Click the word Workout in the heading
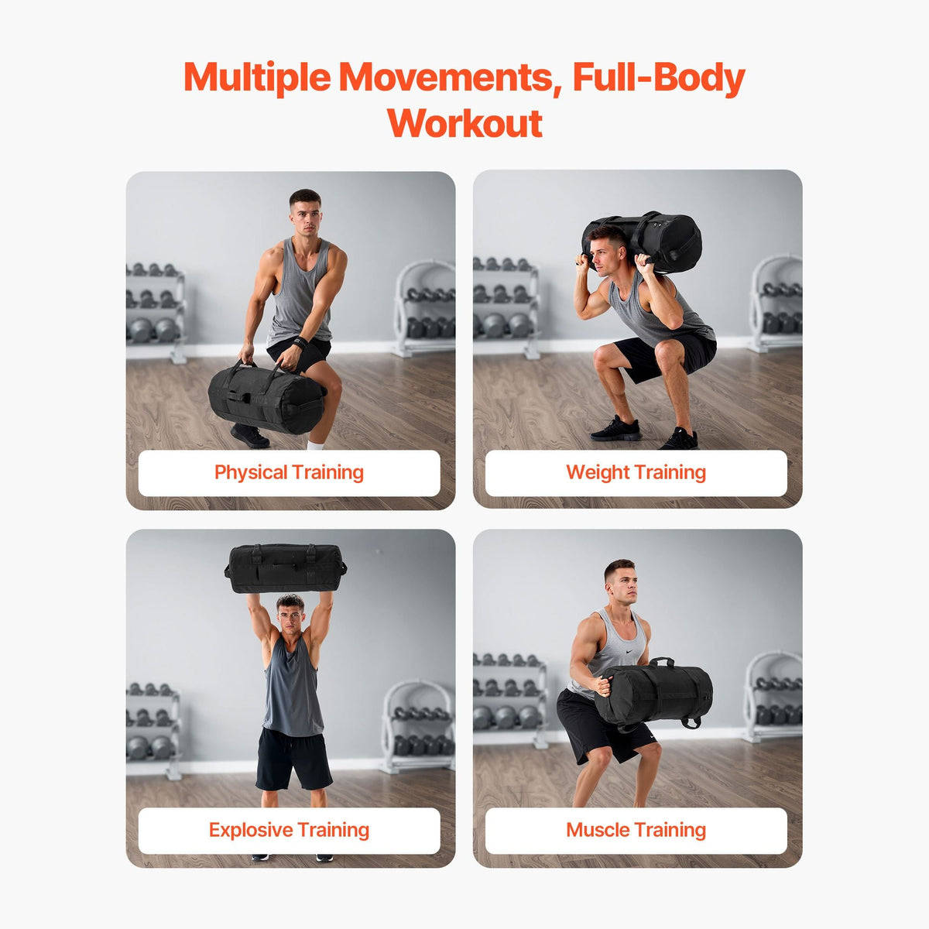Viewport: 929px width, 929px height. pyautogui.click(x=464, y=123)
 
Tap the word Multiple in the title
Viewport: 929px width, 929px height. pyautogui.click(x=257, y=77)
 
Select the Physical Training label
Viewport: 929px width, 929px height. pyautogui.click(x=290, y=473)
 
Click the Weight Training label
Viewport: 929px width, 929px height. pyautogui.click(x=636, y=473)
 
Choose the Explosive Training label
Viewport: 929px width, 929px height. pyautogui.click(x=290, y=830)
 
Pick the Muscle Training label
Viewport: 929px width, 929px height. pyautogui.click(x=636, y=830)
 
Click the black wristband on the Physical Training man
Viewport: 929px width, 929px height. pyautogui.click(x=300, y=343)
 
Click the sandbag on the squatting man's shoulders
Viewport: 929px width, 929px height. pyautogui.click(x=643, y=241)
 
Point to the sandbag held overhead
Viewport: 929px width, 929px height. pyautogui.click(x=286, y=569)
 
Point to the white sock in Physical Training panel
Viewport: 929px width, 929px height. pyautogui.click(x=315, y=445)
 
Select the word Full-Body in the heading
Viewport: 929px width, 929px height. pyautogui.click(x=659, y=79)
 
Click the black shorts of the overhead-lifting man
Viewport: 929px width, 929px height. pyautogui.click(x=293, y=759)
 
